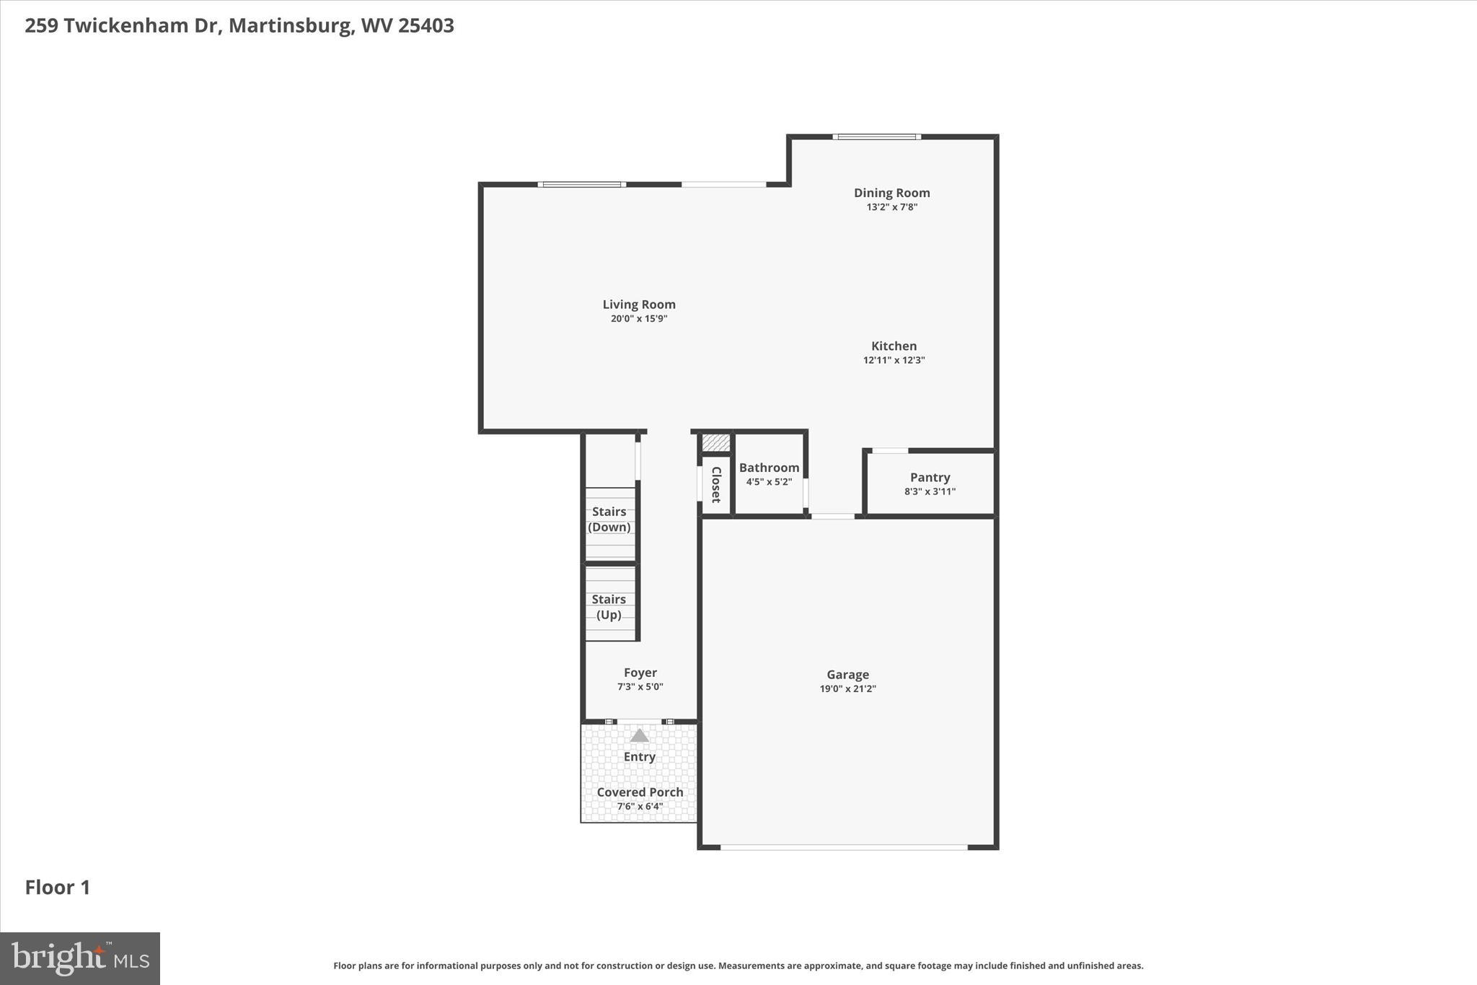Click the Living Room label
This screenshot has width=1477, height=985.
(x=639, y=305)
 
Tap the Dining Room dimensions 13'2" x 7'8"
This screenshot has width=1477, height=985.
(x=891, y=207)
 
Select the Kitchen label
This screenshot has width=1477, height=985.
(x=894, y=346)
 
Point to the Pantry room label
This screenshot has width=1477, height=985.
(x=930, y=477)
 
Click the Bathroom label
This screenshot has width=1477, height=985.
(x=769, y=468)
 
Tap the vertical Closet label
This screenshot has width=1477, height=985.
(x=716, y=484)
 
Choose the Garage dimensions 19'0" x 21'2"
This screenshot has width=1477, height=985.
(x=847, y=688)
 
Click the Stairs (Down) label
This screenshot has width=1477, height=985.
(x=609, y=519)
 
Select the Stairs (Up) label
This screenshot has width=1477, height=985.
(x=609, y=607)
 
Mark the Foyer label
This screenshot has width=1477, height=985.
(x=640, y=673)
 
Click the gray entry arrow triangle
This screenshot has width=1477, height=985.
(x=639, y=736)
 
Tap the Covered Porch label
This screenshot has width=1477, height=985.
(x=640, y=792)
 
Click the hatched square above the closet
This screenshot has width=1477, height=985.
(x=716, y=442)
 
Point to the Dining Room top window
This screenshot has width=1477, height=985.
(x=876, y=136)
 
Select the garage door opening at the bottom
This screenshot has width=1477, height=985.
(x=844, y=847)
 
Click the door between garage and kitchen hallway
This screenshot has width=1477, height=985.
(x=833, y=516)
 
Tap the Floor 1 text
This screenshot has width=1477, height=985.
(x=58, y=887)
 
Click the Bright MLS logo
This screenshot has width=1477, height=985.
(x=80, y=958)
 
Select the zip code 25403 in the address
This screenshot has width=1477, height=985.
(x=426, y=25)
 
